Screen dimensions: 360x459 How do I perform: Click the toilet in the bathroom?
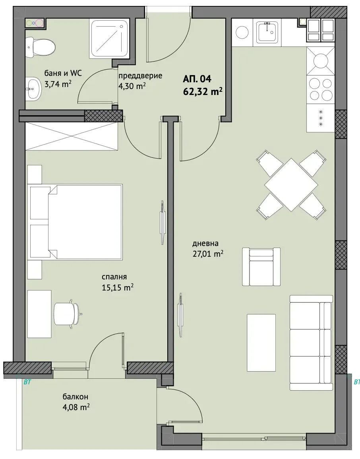coord(41,47)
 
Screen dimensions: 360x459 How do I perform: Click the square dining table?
coord(291,185)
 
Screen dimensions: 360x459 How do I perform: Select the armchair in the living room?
coord(261,267)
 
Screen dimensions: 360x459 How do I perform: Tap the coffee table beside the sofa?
coord(261,343)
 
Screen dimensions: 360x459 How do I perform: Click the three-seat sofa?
coord(312,343)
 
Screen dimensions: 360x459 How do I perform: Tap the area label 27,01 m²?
coord(208,254)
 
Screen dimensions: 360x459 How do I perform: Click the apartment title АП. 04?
coord(197,79)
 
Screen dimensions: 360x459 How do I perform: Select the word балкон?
coord(75,397)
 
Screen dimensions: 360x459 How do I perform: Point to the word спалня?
coord(114,277)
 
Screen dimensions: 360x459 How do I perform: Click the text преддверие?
coord(140,76)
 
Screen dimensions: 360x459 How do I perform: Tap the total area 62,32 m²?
coord(203,91)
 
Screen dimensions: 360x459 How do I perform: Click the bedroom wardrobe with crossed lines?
coord(72,137)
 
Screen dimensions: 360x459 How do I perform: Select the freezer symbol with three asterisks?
coord(321,118)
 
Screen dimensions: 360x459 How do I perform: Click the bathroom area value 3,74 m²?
coord(58,84)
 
